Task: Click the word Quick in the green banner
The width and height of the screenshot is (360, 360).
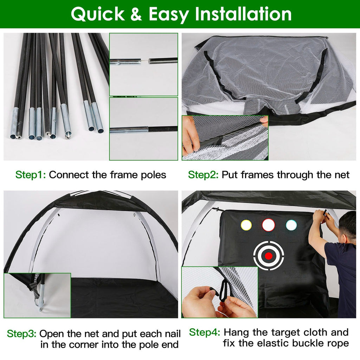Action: click(x=98, y=14)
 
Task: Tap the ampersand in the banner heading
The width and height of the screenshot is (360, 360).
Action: click(x=136, y=14)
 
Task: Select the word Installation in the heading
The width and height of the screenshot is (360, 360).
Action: click(x=243, y=14)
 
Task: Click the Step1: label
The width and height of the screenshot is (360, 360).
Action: click(x=31, y=175)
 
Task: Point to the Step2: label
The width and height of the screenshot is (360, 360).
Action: click(x=204, y=175)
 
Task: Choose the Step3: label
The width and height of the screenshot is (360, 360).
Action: click(x=21, y=334)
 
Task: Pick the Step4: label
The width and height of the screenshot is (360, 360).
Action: click(x=205, y=332)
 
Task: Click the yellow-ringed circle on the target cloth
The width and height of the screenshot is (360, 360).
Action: click(x=246, y=225)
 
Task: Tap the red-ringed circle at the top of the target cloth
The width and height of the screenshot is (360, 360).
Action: click(x=268, y=225)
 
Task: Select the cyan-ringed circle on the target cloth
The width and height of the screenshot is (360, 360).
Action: click(x=291, y=225)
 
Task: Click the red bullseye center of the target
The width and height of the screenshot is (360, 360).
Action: click(x=268, y=256)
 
